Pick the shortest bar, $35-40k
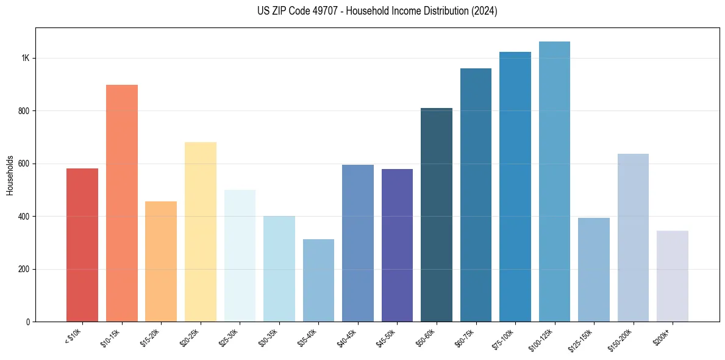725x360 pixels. pyautogui.click(x=318, y=280)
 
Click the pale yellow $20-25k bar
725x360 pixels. pyautogui.click(x=201, y=232)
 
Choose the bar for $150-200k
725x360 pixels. pyautogui.click(x=633, y=237)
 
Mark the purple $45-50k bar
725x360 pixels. pyautogui.click(x=397, y=245)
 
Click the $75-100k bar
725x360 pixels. pyautogui.click(x=515, y=187)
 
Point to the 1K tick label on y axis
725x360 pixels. pyautogui.click(x=26, y=58)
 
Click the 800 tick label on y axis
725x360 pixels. pyautogui.click(x=24, y=111)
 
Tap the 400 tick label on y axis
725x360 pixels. pyautogui.click(x=24, y=217)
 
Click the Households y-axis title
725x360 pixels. pyautogui.click(x=10, y=175)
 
